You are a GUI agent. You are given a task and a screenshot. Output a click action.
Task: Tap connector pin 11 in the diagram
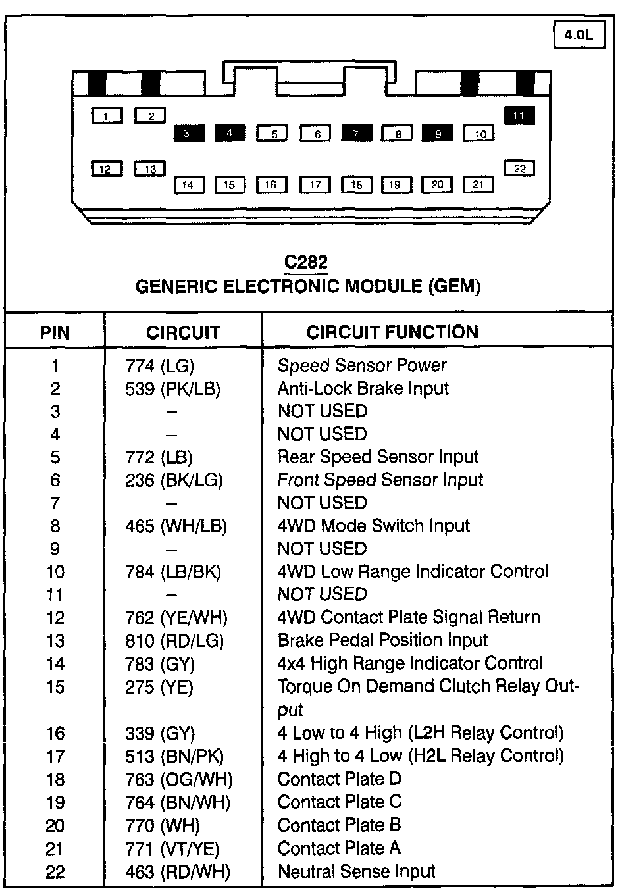click(519, 116)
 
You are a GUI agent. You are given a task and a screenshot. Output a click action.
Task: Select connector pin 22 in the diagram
click(519, 168)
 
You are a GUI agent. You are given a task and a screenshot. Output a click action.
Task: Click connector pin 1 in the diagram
click(108, 116)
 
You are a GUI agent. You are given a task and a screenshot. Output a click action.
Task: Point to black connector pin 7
click(356, 134)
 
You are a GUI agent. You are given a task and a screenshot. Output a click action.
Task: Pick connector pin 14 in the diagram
click(189, 185)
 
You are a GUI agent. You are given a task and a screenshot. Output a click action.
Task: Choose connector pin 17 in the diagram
click(315, 185)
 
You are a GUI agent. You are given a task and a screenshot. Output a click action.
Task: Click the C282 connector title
click(306, 262)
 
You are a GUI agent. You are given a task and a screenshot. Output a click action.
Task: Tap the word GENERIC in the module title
click(176, 286)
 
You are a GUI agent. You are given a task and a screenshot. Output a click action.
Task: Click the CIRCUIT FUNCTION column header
click(392, 332)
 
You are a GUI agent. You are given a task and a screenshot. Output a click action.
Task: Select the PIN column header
click(55, 332)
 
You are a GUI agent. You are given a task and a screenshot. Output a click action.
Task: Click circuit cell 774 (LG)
click(160, 366)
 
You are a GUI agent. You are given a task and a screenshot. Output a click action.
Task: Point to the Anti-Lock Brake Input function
click(363, 388)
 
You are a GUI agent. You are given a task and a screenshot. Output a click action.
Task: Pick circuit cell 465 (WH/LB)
click(176, 526)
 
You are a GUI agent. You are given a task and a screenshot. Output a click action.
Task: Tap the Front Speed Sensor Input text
click(380, 480)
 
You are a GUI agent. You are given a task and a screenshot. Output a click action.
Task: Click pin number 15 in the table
click(55, 687)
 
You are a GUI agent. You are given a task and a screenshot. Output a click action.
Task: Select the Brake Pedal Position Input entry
click(382, 640)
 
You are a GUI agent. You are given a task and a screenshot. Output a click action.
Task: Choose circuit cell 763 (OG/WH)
click(178, 779)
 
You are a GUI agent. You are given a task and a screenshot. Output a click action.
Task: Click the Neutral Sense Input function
click(356, 871)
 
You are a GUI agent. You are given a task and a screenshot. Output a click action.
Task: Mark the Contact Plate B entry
click(339, 825)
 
